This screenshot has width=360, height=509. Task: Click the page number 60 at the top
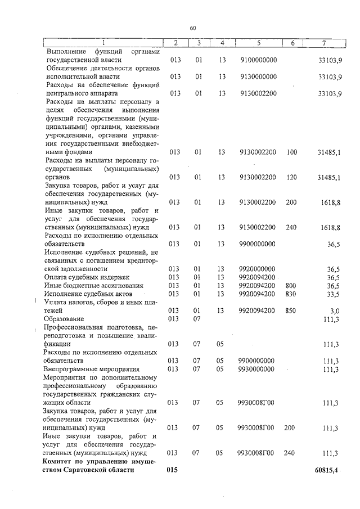tap(192, 28)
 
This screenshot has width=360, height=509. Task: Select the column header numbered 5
tap(258, 43)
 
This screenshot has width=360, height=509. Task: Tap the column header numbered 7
tap(323, 43)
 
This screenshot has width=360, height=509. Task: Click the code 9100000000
tap(258, 59)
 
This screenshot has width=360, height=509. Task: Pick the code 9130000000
tap(258, 76)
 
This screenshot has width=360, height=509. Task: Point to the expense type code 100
tap(291, 152)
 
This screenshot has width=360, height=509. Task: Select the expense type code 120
tap(291, 178)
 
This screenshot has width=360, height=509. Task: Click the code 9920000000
tap(258, 269)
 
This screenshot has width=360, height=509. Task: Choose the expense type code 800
tap(291, 286)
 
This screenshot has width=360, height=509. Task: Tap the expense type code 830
tap(291, 294)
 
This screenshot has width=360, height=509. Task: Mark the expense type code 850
tap(291, 310)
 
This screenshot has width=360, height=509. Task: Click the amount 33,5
tap(334, 294)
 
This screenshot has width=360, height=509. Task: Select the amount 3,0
tap(335, 310)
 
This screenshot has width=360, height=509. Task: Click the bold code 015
tap(173, 470)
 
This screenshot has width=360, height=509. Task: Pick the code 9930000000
tap(258, 369)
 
